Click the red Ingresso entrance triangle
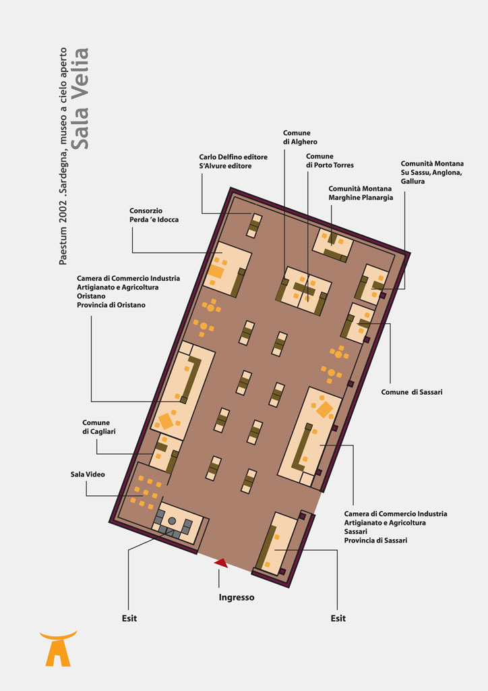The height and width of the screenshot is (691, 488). [x=221, y=563]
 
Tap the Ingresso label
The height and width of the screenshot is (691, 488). [x=237, y=598]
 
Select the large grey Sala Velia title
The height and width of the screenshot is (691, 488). [x=80, y=99]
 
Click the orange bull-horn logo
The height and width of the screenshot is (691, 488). [x=58, y=648]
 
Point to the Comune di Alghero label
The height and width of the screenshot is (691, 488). [x=300, y=137]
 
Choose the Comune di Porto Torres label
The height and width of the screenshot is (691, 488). [x=330, y=161]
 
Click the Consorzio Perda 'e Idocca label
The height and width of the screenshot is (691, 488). [x=154, y=215]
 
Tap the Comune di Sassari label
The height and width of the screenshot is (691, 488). [x=411, y=392]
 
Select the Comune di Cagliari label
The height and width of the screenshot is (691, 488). [x=98, y=427]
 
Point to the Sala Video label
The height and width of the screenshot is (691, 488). [x=88, y=474]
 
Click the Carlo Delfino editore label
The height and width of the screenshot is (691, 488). [x=233, y=157]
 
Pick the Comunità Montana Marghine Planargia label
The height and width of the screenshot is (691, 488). [x=361, y=193]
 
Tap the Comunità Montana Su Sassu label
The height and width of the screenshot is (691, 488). [x=431, y=172]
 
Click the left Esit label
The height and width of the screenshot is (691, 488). [x=129, y=618]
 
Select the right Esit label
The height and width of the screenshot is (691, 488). [x=338, y=618]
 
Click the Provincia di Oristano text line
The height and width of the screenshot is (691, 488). [x=111, y=305]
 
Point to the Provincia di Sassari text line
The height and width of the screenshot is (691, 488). [x=375, y=541]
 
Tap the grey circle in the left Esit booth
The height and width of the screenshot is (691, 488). [x=172, y=522]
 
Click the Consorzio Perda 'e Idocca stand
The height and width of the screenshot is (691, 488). [x=227, y=269]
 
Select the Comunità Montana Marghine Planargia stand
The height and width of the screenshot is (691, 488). [x=333, y=244]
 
